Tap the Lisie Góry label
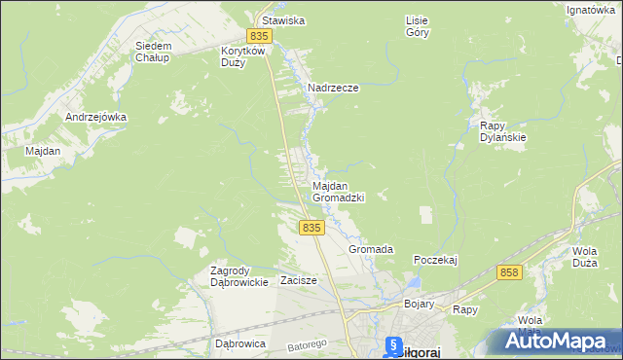tap(417, 25)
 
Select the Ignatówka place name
tap(591, 11)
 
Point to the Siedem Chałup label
tap(154, 52)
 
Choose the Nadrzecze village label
tap(333, 88)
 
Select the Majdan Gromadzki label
tap(338, 191)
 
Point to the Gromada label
tap(371, 249)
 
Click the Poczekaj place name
tap(435, 260)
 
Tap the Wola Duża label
tap(584, 256)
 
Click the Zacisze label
tap(299, 280)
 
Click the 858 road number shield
tap(508, 273)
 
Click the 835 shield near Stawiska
tap(257, 36)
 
